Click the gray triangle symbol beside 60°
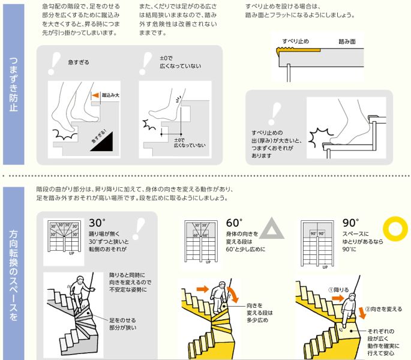(x=271, y=229)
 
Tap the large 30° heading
(x=97, y=223)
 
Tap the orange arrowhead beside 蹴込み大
(x=95, y=95)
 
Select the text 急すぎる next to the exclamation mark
(x=80, y=62)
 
